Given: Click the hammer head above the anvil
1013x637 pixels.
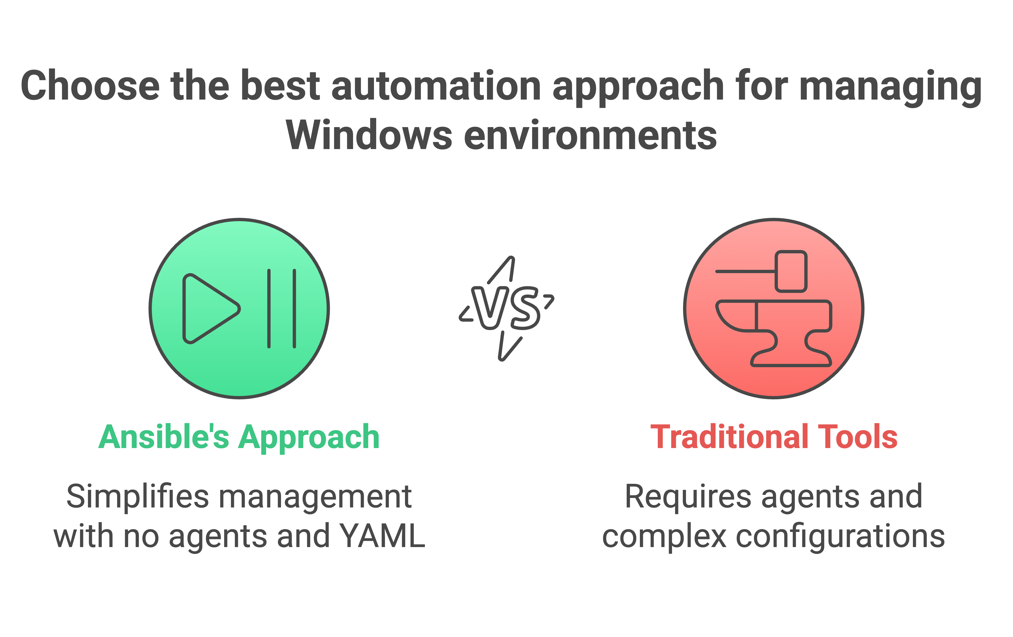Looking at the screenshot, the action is click(x=791, y=271).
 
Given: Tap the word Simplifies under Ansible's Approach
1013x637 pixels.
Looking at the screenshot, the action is click(x=137, y=496).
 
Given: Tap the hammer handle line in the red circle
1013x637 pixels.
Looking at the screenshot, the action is click(x=745, y=271).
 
